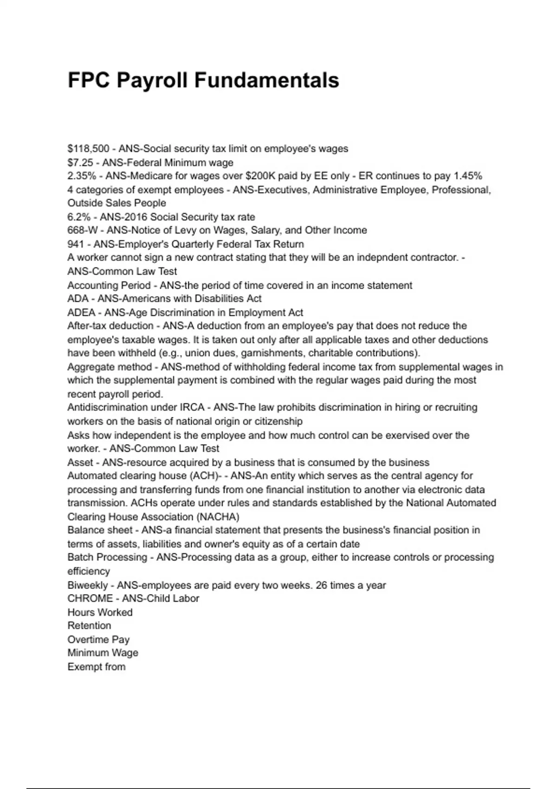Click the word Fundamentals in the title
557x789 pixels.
pos(266,80)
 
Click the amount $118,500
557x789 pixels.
pos(88,149)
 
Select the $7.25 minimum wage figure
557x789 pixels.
pos(80,163)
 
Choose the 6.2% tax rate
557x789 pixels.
pos(78,217)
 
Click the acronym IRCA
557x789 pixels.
pos(192,407)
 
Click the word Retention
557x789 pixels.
pos(89,626)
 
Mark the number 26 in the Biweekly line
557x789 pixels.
pos(321,585)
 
